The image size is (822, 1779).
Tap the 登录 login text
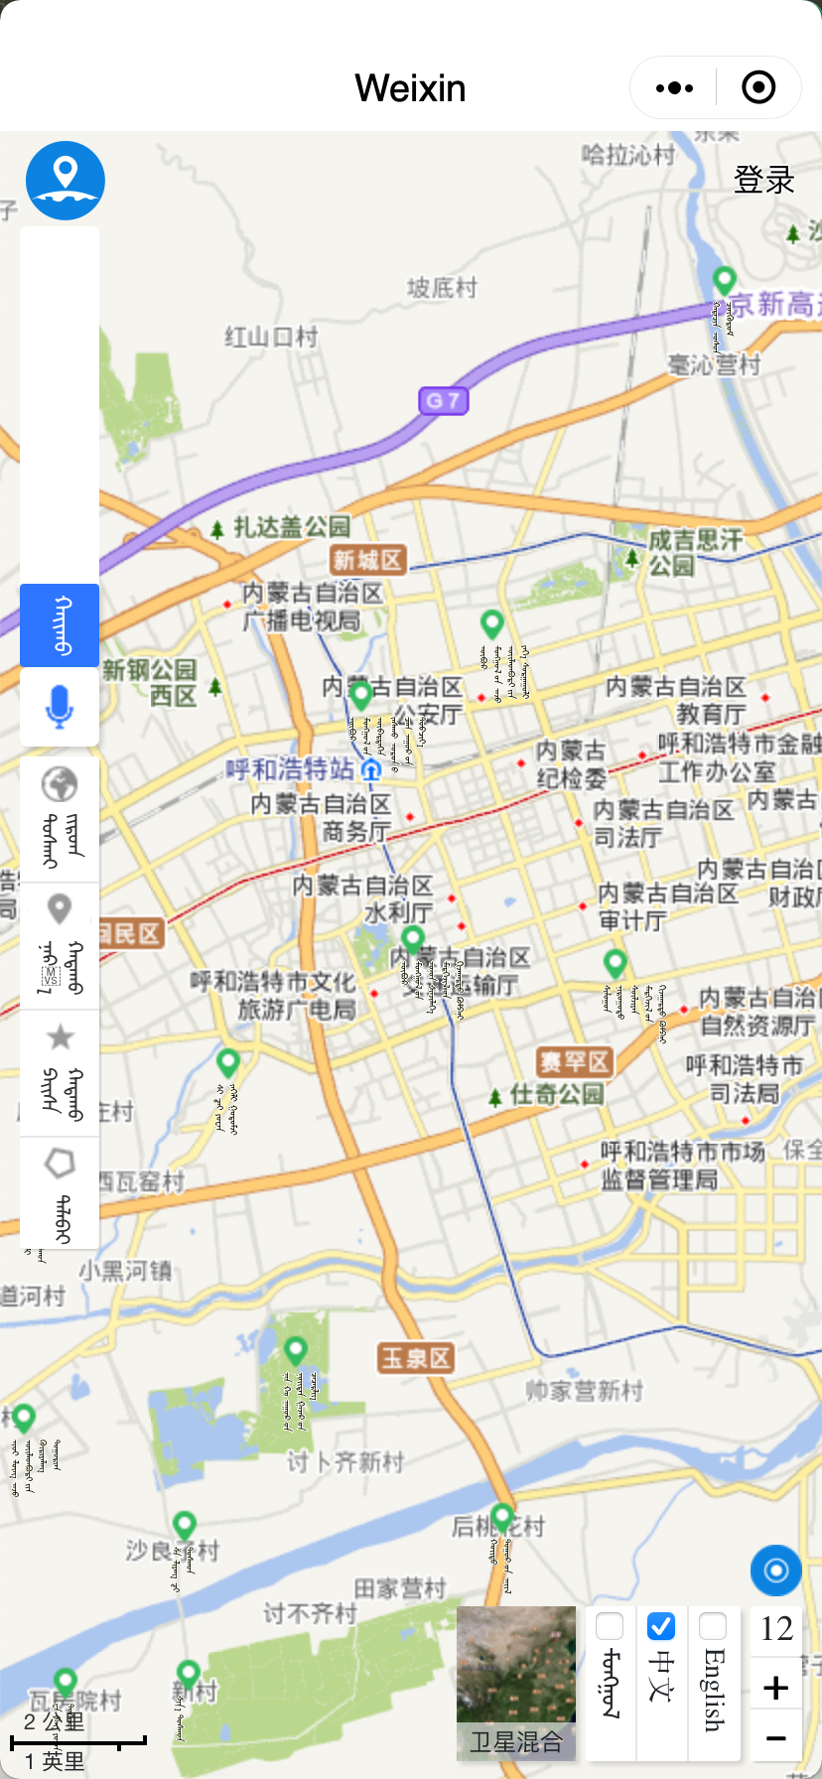coord(763,180)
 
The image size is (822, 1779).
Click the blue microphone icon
coord(60,707)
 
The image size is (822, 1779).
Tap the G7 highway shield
coord(443,401)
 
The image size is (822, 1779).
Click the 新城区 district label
coord(367,560)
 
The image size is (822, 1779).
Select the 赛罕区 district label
coord(574,1062)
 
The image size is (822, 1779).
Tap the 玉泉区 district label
coord(416,1357)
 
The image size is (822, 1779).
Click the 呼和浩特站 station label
coord(290,769)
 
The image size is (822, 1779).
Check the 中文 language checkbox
coord(661,1626)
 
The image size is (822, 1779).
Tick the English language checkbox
coord(713,1626)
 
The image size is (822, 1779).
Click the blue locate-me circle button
coord(776,1571)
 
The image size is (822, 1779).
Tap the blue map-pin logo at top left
coord(66,180)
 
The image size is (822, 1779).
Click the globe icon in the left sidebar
coord(60,784)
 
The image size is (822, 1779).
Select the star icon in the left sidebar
coord(60,1037)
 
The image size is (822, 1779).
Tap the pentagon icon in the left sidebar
coord(60,1163)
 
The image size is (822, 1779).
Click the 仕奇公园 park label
coord(556,1095)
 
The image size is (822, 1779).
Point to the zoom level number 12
coord(776,1629)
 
